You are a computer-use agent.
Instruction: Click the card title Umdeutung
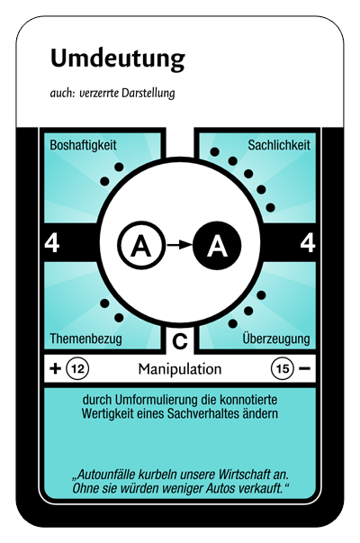pos(118,59)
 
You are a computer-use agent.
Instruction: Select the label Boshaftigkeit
pos(83,145)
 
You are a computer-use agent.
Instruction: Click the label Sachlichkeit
pos(279,145)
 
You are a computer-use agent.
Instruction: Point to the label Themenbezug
pos(85,339)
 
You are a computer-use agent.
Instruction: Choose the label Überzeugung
pos(276,338)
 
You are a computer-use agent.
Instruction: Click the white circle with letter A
pos(140,246)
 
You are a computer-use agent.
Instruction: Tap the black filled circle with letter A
pos(217,246)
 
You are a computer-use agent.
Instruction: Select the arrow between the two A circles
pos(179,245)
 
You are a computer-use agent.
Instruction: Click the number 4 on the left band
pos(52,243)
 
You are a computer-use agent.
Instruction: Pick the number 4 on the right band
pos(308,243)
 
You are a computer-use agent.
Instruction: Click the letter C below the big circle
pos(180,341)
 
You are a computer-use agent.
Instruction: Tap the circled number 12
pos(77,368)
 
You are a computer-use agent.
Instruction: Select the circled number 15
pos(283,368)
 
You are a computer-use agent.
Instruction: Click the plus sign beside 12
pos(56,368)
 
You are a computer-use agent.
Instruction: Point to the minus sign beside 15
pos(304,368)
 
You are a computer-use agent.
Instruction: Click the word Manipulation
pos(180,369)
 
